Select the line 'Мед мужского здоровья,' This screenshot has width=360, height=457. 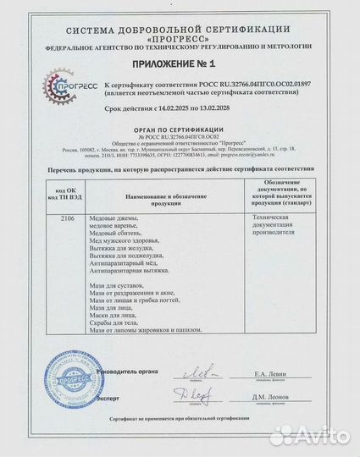pos(136,239)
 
